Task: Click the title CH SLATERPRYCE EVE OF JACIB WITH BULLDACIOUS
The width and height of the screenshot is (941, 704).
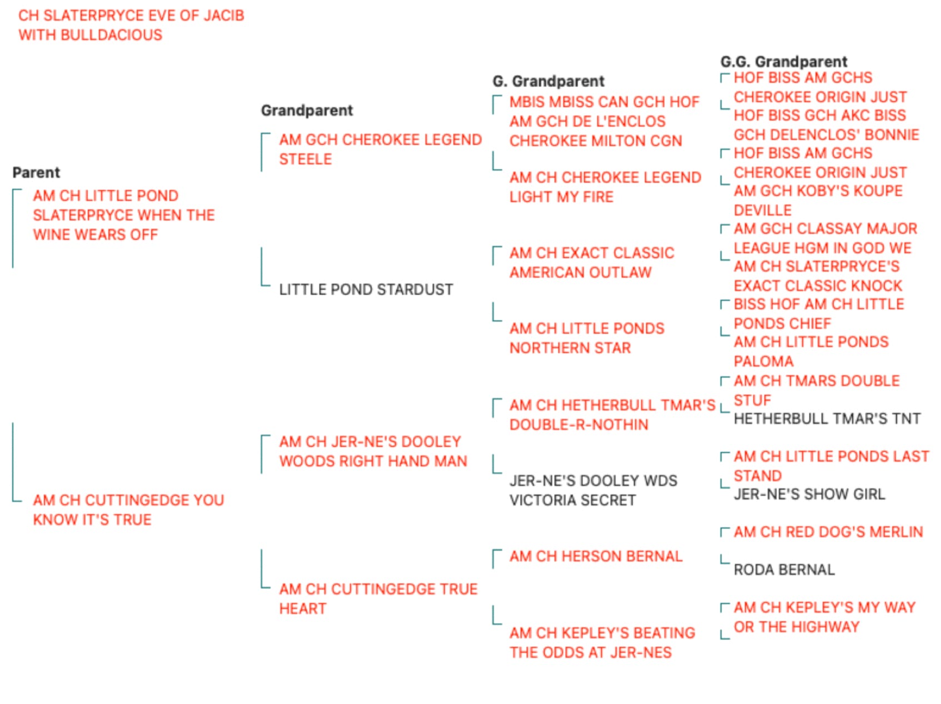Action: point(131,25)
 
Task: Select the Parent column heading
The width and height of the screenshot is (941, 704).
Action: point(36,173)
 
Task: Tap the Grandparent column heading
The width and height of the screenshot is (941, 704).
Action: point(307,110)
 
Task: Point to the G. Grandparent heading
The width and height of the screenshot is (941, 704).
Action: point(548,81)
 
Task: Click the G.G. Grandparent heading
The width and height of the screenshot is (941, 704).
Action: point(784,62)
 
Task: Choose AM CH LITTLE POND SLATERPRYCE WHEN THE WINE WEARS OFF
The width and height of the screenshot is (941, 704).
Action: point(124,215)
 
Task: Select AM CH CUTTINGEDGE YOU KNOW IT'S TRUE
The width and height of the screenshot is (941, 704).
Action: point(128,510)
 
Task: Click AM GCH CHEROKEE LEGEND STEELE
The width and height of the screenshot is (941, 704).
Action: point(381,149)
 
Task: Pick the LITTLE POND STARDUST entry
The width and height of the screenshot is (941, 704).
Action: point(366,290)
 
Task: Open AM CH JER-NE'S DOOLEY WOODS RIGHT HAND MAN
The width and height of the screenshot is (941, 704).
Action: point(373,451)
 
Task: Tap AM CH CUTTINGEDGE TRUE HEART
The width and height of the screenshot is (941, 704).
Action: point(378,599)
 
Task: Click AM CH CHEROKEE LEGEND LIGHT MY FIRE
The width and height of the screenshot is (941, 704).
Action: point(605,187)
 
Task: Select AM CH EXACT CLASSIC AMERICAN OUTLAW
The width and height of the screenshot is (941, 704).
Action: point(592,263)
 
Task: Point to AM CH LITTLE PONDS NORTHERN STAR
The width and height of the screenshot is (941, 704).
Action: point(587,338)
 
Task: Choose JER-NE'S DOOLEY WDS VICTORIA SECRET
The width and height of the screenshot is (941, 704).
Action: point(593,490)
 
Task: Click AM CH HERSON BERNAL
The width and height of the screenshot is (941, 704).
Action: point(596,556)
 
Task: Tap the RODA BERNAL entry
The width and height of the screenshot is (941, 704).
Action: point(784,570)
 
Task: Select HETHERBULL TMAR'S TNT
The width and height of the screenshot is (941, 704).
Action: point(827,419)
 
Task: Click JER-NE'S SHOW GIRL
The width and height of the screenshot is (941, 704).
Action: point(809,494)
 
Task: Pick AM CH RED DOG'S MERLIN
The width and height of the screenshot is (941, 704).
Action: point(828,532)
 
